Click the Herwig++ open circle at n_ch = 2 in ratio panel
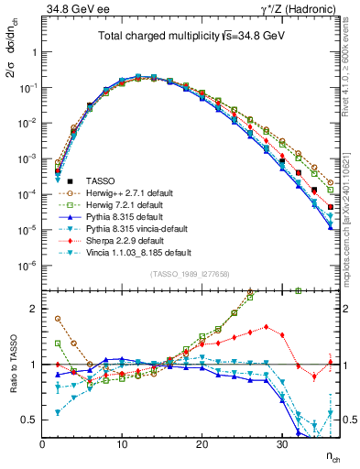click(x=58, y=319)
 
